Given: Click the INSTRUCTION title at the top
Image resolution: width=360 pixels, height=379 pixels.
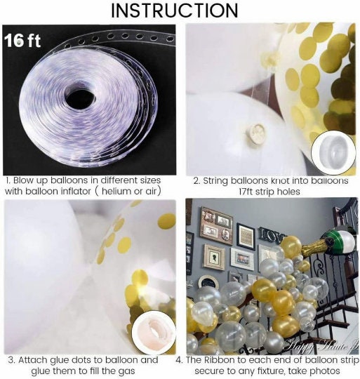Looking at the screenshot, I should [x=180, y=11].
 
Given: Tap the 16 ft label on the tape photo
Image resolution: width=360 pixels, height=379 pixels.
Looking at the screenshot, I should [x=23, y=41].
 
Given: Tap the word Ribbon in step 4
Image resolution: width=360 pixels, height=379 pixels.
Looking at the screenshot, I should [x=237, y=360].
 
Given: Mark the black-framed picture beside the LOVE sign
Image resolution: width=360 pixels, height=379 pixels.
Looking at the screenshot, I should [x=246, y=237].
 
